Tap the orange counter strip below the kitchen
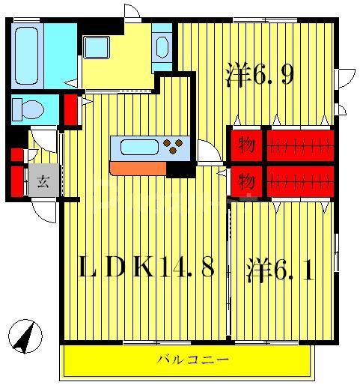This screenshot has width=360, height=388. click(x=138, y=169)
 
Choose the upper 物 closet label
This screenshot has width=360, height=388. click(x=245, y=143)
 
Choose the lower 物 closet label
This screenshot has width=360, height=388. click(x=245, y=181)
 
